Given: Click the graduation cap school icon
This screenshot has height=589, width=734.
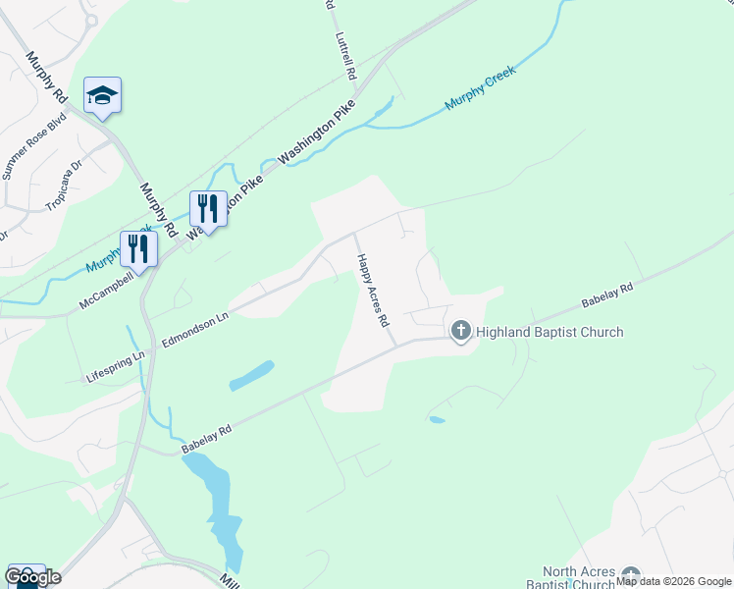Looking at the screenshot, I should coord(102,96).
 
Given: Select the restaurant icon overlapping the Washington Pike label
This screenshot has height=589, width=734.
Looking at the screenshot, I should coord(208,208).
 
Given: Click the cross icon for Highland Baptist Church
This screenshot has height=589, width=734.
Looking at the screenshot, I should coord(460,332).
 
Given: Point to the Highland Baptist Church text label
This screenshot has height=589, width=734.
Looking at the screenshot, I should coord(550,332).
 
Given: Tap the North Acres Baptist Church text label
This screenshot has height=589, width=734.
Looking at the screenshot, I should coord(581,578).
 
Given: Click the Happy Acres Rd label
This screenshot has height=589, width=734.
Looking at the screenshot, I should coord(373,291).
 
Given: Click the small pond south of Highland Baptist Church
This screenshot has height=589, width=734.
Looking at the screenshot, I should coord(437,420).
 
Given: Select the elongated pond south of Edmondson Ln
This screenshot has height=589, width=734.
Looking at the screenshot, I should coord(252,374).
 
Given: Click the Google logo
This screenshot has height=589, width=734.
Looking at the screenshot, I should coord(32,577).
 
